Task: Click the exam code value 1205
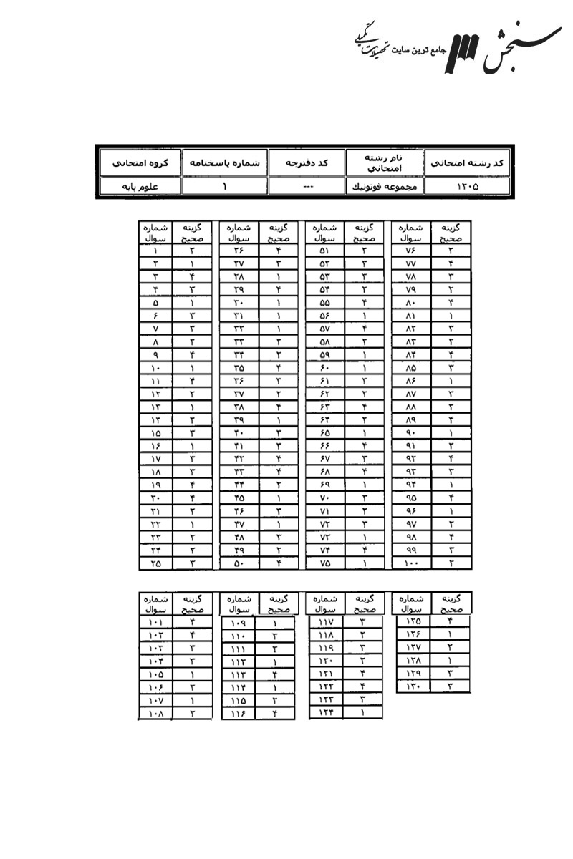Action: coord(467,186)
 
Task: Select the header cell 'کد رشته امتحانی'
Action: coord(467,163)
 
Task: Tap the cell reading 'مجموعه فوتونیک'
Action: coord(385,186)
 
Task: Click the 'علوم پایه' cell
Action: coord(138,186)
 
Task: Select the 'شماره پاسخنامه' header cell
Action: coord(224,163)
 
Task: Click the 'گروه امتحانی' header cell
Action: coord(138,163)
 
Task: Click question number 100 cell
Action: coord(411,563)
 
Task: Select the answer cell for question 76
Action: coord(451,251)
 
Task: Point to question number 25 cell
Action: coord(155,563)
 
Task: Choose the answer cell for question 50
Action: coord(277,563)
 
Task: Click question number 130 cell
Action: coord(413,686)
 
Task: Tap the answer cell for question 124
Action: coord(363,713)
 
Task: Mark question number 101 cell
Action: coord(155,622)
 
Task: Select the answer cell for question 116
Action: coord(275,713)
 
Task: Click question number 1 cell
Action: coord(155,251)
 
